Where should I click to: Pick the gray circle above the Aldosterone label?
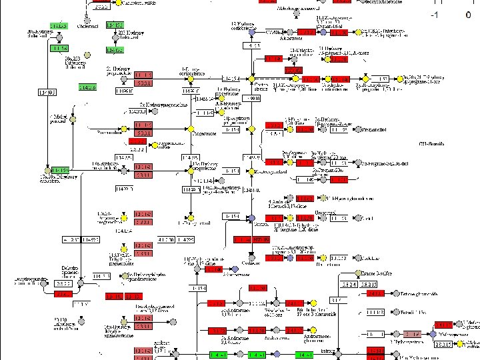click(x=291, y=31)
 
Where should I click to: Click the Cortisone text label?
click(x=251, y=262)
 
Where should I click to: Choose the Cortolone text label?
click(x=329, y=264)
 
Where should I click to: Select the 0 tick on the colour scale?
click(x=469, y=15)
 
